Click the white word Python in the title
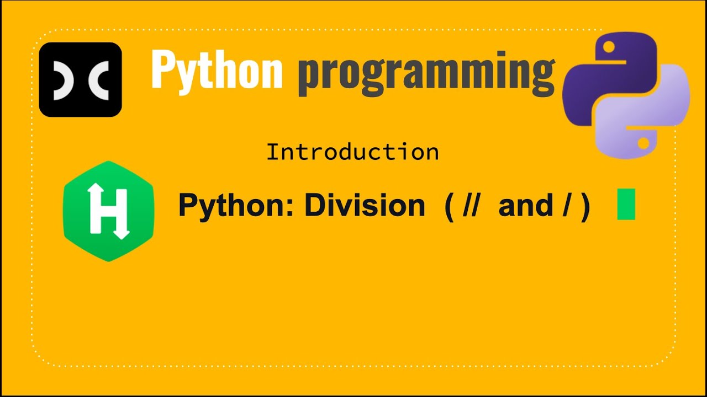pyautogui.click(x=217, y=70)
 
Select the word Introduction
pyautogui.click(x=352, y=152)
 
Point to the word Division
pyautogui.click(x=364, y=205)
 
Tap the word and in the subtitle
pyautogui.click(x=526, y=205)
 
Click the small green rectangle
pyautogui.click(x=626, y=204)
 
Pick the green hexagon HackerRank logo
pyautogui.click(x=109, y=211)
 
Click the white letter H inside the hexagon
pyautogui.click(x=109, y=211)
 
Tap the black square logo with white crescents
pyautogui.click(x=80, y=79)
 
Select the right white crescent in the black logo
pyautogui.click(x=98, y=80)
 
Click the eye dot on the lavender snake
pyautogui.click(x=643, y=143)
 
